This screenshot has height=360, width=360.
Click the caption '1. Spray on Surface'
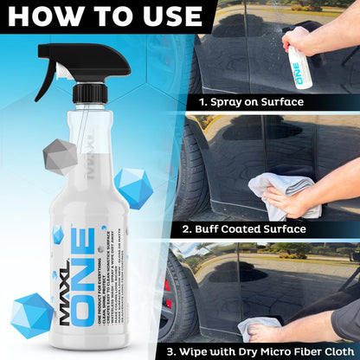251,101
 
